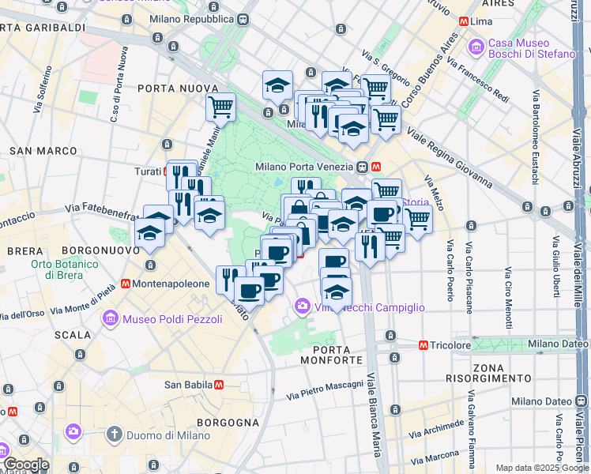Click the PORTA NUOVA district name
coord(178,88)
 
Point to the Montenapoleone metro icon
coord(126,283)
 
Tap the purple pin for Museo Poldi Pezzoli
coord(111,318)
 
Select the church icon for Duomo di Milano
coord(115,434)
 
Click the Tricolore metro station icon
coord(423,345)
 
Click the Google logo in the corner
coord(25,465)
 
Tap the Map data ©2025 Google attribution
coord(541,468)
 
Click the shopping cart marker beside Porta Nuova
coord(221,107)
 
